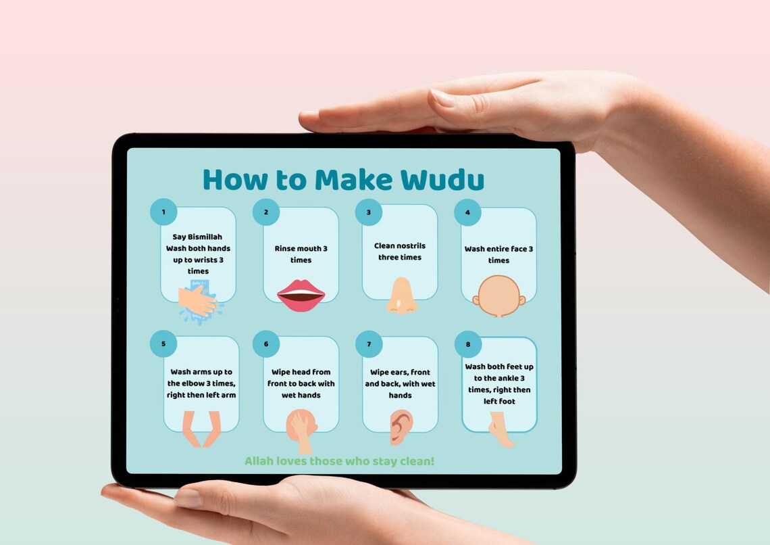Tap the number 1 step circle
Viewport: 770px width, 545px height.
[x=163, y=212]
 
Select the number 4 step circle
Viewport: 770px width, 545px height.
[x=467, y=212]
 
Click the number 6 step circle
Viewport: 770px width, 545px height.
[x=266, y=343]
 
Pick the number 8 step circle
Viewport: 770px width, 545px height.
[x=468, y=344]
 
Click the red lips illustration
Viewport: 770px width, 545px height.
[x=301, y=295]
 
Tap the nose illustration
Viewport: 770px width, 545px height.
[x=402, y=296]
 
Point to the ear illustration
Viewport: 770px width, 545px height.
[x=401, y=427]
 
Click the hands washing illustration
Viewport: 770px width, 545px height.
[x=199, y=302]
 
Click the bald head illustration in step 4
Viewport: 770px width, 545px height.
[x=498, y=295]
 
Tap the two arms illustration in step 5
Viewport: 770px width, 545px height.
[x=201, y=429]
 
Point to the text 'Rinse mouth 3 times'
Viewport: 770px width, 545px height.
[x=301, y=254]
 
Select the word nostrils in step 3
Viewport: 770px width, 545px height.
[x=409, y=246]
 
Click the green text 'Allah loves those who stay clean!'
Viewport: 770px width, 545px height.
[x=339, y=461]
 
